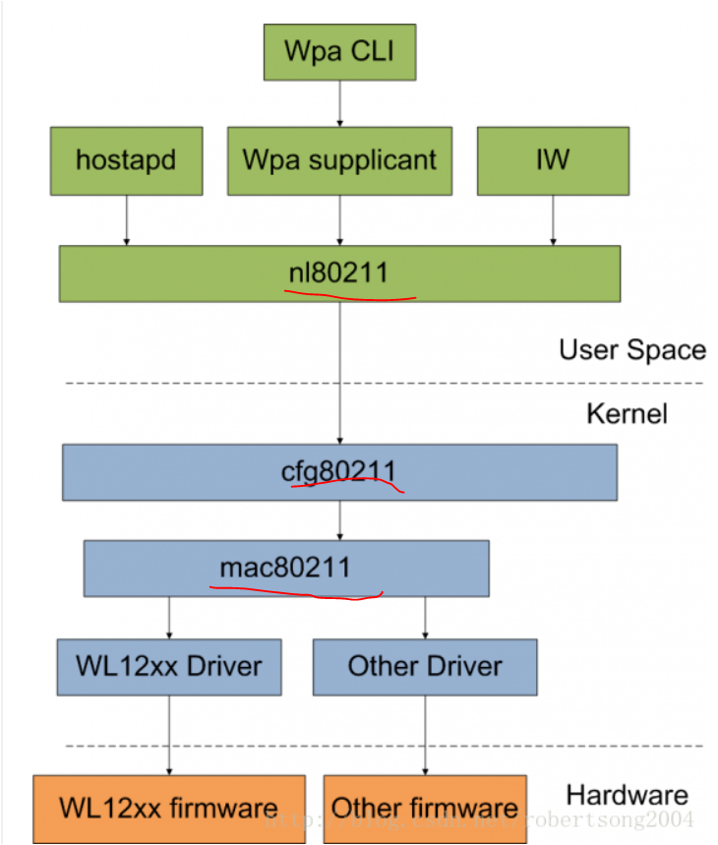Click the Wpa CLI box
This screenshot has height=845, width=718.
(x=339, y=51)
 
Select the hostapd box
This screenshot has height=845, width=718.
(x=126, y=159)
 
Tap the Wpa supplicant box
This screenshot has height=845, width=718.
(x=339, y=159)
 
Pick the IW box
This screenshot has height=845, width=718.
(x=552, y=159)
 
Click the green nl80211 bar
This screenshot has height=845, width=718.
(x=339, y=272)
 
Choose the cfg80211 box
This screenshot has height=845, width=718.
(x=339, y=472)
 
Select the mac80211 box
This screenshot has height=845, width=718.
(x=285, y=568)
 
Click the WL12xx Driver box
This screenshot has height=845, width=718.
(x=169, y=666)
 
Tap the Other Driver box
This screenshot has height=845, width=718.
(x=425, y=666)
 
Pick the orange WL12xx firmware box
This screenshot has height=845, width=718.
(x=168, y=809)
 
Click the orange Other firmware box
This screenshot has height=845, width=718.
(x=425, y=809)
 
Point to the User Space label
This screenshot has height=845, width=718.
(x=631, y=350)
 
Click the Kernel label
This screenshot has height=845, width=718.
(x=627, y=413)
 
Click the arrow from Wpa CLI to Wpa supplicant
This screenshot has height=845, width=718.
(x=339, y=103)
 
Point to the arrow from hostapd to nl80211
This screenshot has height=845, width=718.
(x=126, y=219)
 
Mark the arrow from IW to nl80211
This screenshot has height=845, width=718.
(x=552, y=219)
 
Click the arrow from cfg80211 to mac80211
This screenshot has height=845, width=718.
(x=339, y=520)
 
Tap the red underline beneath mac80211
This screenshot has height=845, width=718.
(x=295, y=593)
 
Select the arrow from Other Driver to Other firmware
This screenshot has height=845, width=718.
(x=425, y=734)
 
